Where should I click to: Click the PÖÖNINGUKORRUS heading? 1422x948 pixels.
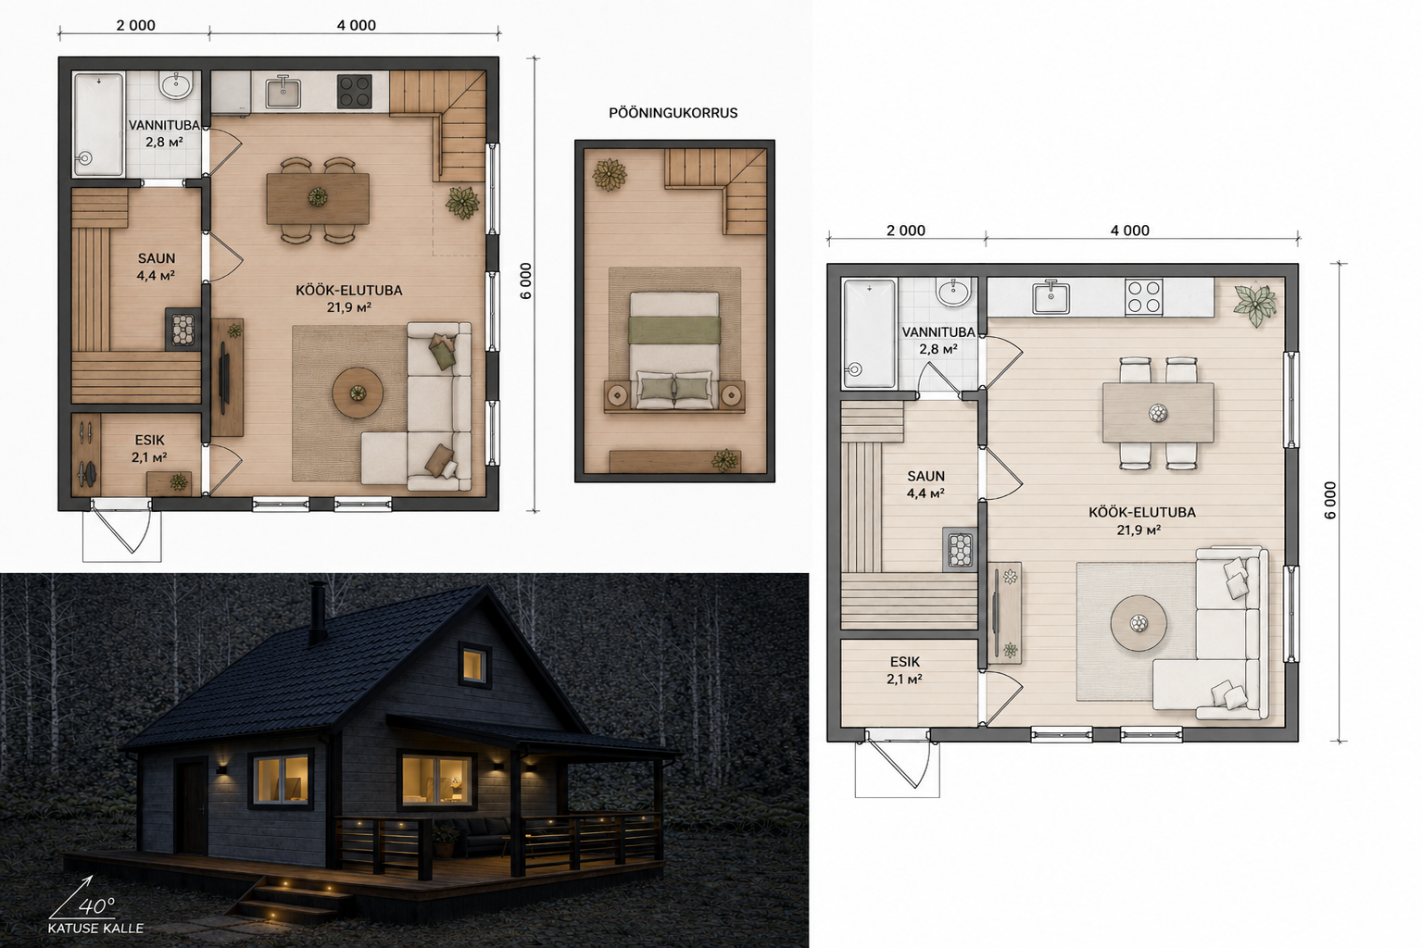pos(673,113)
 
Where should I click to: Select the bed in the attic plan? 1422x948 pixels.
pos(674,351)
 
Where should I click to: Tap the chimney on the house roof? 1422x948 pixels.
pos(318,613)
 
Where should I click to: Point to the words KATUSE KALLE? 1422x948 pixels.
pos(95,929)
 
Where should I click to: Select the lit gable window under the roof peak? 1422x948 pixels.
pos(474,665)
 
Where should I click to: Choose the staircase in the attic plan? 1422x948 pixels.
pos(715,191)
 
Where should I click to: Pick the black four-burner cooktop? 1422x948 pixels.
pos(354,92)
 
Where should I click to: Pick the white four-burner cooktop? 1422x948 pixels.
pos(1144,297)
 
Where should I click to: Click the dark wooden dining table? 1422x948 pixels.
pos(318,199)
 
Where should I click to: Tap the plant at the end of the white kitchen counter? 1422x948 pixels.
pos(1254,306)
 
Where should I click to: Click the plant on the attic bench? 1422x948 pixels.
pos(724,460)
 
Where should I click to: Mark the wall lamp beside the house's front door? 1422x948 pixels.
pos(221,769)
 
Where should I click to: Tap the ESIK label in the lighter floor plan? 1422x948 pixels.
pos(905,662)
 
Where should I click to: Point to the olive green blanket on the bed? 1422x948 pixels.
pos(674,330)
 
